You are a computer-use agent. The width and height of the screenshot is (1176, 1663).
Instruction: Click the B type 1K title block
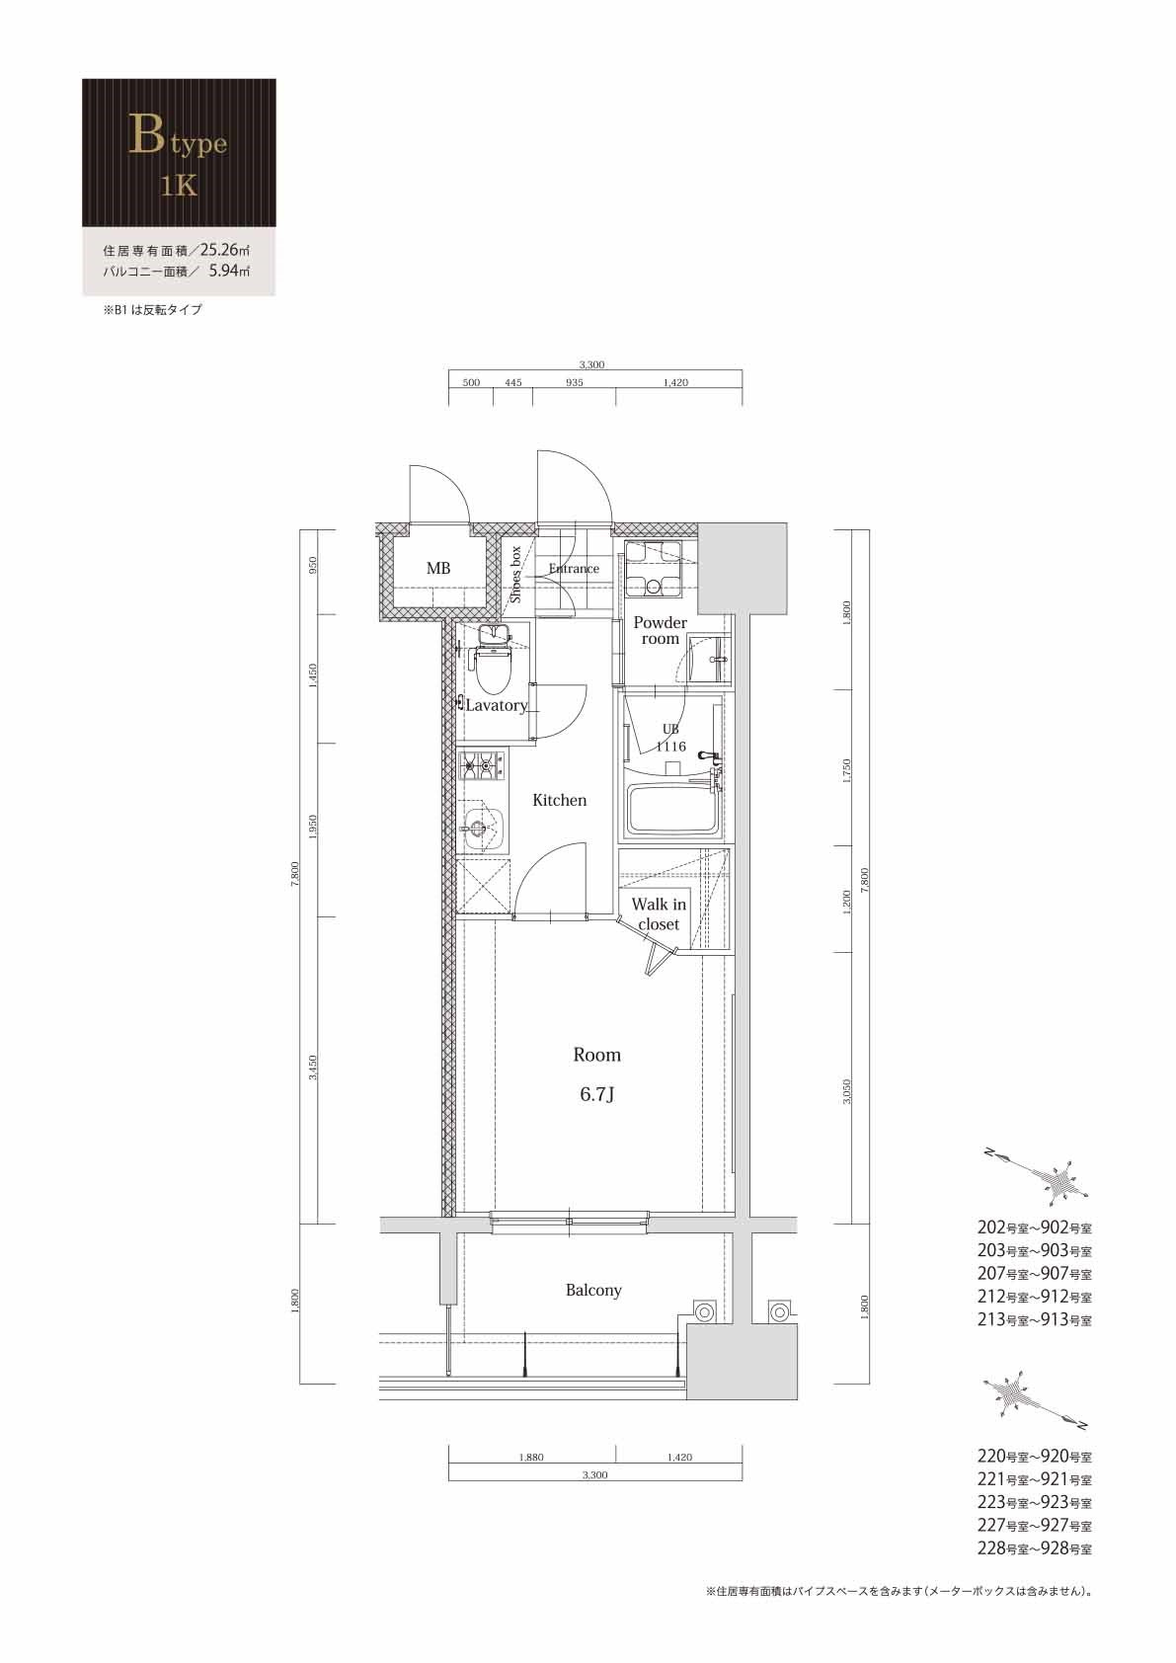(178, 153)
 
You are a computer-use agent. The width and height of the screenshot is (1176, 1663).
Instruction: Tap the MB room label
(438, 569)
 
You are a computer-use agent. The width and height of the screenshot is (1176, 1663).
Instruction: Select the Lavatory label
(496, 705)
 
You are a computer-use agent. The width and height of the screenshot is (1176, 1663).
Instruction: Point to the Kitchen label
(560, 800)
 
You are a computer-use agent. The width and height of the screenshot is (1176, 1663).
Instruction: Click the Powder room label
(660, 630)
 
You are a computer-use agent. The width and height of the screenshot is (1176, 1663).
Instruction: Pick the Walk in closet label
(659, 913)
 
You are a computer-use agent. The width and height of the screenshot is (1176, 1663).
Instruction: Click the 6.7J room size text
(596, 1094)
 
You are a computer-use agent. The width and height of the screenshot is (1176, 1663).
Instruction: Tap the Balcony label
(593, 1290)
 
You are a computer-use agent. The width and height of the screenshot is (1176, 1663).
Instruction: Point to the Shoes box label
(515, 574)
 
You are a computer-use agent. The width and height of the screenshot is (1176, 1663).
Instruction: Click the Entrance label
(574, 569)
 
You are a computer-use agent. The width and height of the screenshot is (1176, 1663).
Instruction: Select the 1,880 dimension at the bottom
(530, 1457)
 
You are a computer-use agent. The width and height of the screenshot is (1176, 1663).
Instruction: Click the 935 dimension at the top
(574, 382)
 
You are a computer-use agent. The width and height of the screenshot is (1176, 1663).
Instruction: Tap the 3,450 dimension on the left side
(312, 1067)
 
